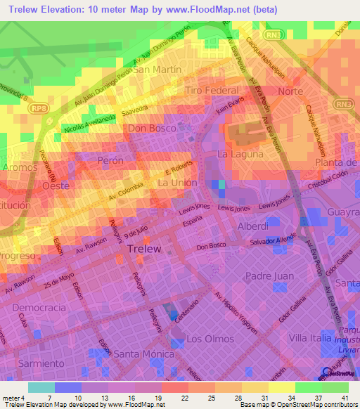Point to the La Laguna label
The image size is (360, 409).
[x=240, y=154]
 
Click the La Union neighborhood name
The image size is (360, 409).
[x=176, y=183]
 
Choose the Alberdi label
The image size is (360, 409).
[x=252, y=227]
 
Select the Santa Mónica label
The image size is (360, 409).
[x=143, y=353]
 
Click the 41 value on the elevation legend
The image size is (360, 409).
[x=344, y=398]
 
